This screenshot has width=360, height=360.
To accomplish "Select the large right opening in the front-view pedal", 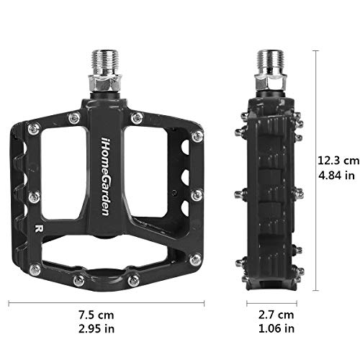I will point(153,173).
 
